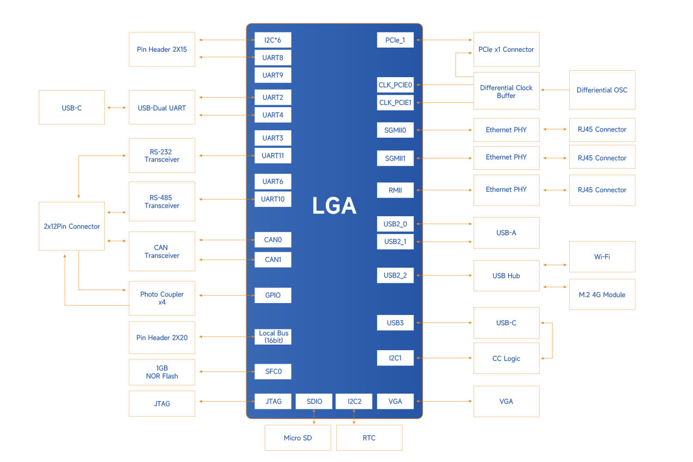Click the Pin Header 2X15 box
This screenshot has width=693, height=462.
click(x=162, y=49)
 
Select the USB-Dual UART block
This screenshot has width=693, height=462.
click(x=162, y=108)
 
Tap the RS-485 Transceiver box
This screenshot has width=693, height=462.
click(x=162, y=201)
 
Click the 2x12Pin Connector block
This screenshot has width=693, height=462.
click(x=72, y=226)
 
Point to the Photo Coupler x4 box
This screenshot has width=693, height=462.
click(x=162, y=298)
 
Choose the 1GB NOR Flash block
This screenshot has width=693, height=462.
click(x=162, y=372)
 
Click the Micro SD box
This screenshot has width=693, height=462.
click(x=298, y=438)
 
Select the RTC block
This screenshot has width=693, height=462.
click(x=369, y=438)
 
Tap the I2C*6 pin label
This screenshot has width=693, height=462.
click(x=273, y=40)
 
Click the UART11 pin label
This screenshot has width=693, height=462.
click(x=273, y=156)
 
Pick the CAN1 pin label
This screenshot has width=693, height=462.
click(x=273, y=260)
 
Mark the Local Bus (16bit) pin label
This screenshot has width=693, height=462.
click(x=273, y=337)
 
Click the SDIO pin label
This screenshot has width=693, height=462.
click(x=314, y=401)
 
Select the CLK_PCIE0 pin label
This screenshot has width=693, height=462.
click(x=395, y=85)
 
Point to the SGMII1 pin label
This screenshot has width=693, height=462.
click(x=395, y=158)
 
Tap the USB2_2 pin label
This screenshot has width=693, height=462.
click(x=395, y=275)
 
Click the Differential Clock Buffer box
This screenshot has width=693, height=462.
click(x=506, y=91)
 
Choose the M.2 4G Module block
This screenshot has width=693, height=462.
click(x=602, y=294)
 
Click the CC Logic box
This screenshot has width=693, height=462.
click(x=506, y=358)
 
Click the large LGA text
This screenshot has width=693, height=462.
click(x=334, y=206)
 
